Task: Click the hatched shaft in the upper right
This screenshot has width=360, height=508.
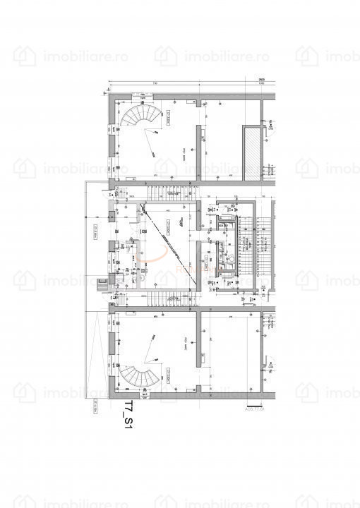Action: coord(251,154)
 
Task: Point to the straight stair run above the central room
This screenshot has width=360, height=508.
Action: coord(169,193)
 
